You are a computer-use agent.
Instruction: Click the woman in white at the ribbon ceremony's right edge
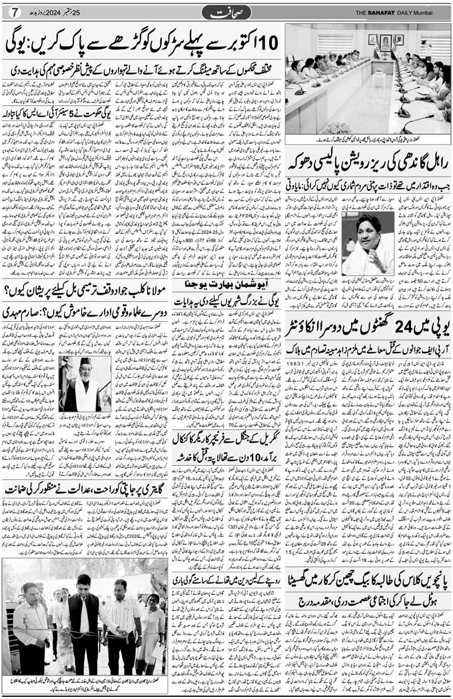[x=152, y=623]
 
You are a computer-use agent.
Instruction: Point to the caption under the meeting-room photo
[x=368, y=141]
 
